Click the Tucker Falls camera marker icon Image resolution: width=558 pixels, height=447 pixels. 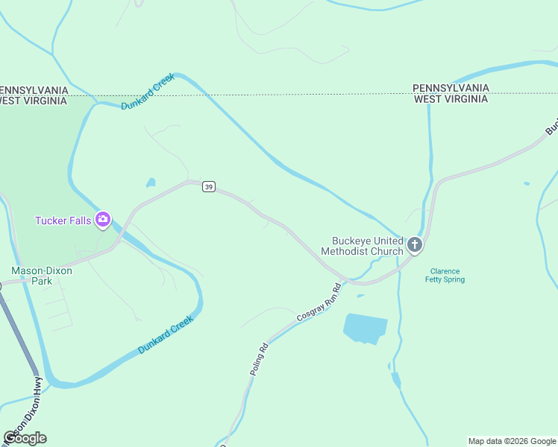click(x=103, y=220)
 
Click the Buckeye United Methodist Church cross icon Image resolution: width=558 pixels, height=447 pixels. click(x=415, y=244)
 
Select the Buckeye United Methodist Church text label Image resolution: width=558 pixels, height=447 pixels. click(x=362, y=246)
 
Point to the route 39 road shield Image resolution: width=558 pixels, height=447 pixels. click(x=209, y=187)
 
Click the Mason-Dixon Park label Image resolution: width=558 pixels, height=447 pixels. click(x=42, y=276)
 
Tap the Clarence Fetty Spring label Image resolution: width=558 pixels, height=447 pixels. click(x=445, y=276)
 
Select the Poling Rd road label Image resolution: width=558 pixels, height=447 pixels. click(x=258, y=359)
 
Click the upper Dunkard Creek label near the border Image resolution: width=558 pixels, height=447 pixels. click(x=148, y=92)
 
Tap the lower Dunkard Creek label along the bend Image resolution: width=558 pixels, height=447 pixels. click(x=166, y=335)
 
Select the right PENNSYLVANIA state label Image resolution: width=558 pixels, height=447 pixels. click(x=451, y=88)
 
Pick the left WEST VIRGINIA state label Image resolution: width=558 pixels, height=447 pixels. click(x=34, y=101)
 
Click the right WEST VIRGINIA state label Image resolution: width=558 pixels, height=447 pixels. click(x=451, y=98)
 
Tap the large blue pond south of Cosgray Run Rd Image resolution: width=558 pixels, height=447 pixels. click(x=365, y=328)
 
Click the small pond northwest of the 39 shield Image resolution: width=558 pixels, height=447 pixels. click(x=151, y=182)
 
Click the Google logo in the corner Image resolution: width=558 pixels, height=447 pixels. click(x=25, y=438)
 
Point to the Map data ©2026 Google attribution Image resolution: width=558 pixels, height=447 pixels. click(x=511, y=441)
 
